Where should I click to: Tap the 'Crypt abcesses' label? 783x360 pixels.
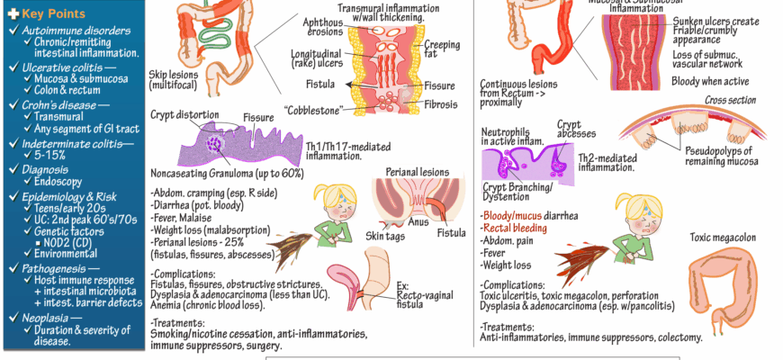[569, 131]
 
